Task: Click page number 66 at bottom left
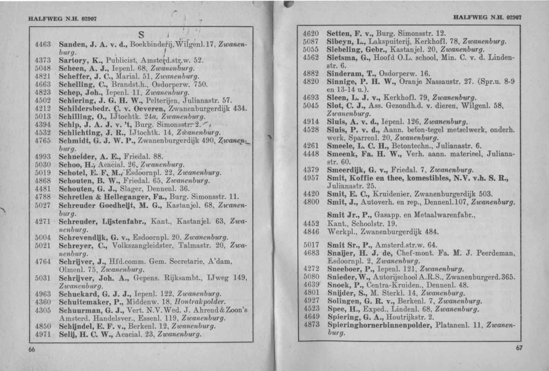click(x=32, y=350)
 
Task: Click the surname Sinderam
click(x=347, y=73)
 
